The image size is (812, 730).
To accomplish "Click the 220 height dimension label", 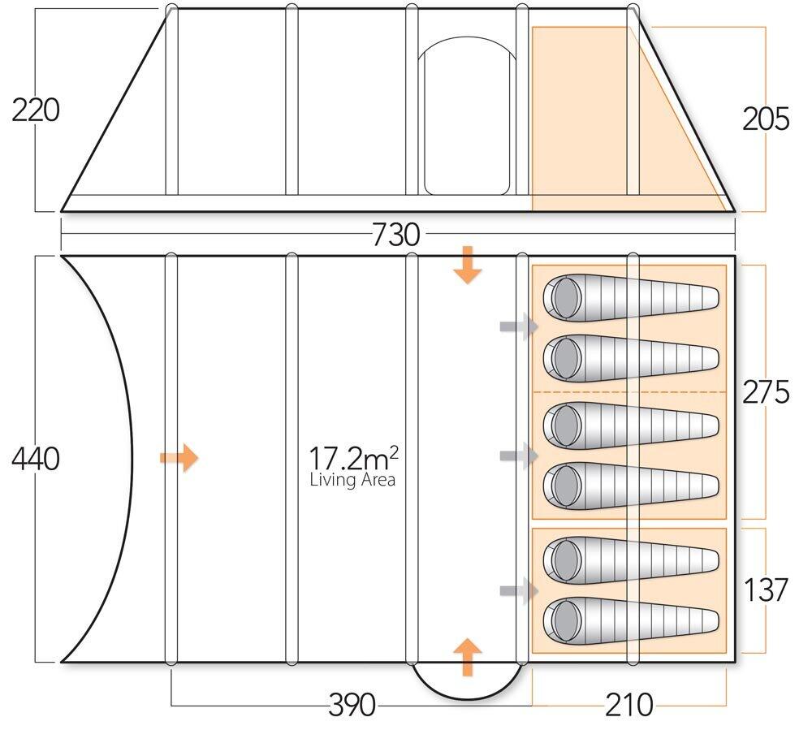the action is (36, 110).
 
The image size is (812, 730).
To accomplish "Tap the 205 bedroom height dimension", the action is (766, 119).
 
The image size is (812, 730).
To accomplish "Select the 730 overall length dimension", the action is (395, 235).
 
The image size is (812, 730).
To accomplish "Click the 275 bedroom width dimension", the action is (766, 392).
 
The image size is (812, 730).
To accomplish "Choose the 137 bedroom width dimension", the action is (766, 590).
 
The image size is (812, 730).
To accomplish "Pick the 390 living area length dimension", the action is (352, 705).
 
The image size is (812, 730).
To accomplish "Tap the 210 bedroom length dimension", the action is (629, 705).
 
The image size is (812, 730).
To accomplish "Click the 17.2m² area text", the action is (354, 458).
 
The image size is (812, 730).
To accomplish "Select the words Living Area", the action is (352, 480).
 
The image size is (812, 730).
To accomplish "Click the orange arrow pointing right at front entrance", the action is (179, 458).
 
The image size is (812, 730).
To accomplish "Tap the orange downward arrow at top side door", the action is (468, 265).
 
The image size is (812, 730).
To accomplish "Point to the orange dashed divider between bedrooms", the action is (629, 392).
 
